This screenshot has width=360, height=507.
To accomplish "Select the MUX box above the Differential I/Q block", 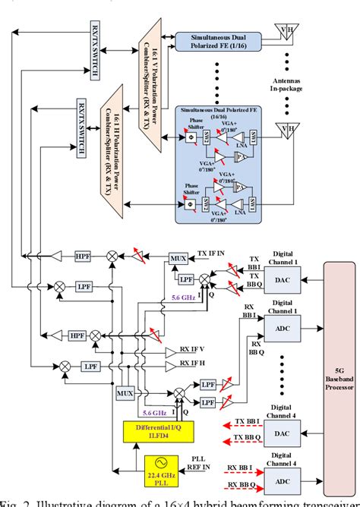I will click(x=125, y=394).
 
